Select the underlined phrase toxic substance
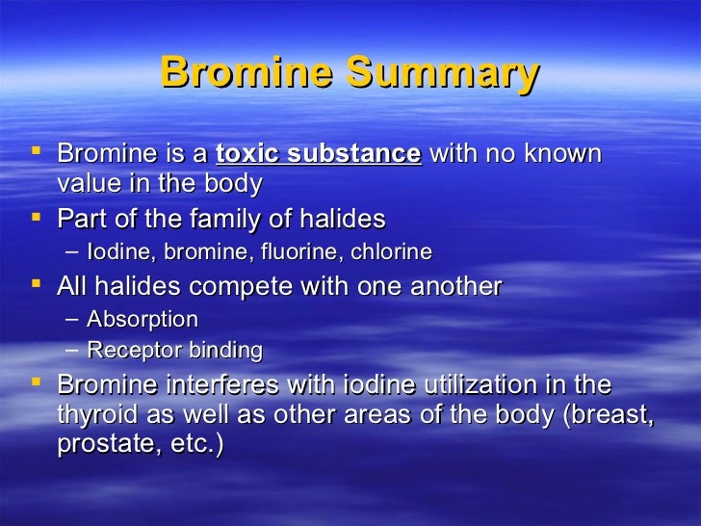pyautogui.click(x=319, y=154)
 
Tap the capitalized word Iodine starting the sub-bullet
pyautogui.click(x=120, y=252)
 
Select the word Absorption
pyautogui.click(x=143, y=319)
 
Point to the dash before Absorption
pyautogui.click(x=75, y=319)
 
